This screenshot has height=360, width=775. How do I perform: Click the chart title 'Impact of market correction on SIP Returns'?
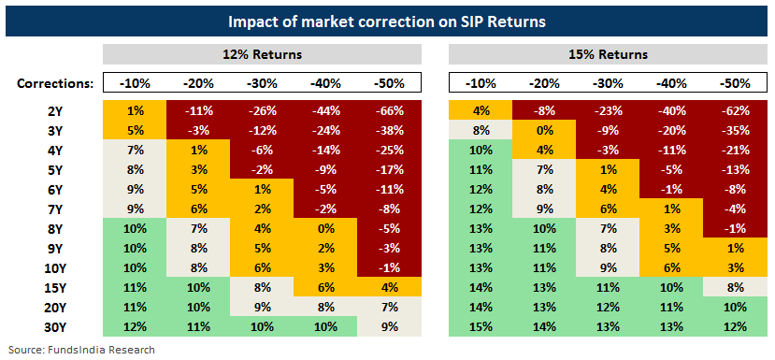[387, 22]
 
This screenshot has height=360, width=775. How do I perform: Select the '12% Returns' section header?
[262, 54]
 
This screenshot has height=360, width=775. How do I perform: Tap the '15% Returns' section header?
[608, 54]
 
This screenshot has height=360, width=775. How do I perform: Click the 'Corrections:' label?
[55, 83]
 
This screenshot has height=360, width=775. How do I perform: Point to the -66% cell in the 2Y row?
[390, 110]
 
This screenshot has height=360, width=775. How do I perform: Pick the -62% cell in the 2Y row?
[736, 110]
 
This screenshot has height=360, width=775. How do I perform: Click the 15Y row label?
[55, 286]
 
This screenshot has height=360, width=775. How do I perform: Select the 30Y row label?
[55, 327]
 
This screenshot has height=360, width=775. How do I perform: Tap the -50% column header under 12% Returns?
[390, 83]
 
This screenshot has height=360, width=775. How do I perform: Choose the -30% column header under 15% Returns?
[608, 83]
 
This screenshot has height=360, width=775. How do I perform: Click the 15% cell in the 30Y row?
[481, 327]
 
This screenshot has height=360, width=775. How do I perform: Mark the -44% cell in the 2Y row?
[325, 110]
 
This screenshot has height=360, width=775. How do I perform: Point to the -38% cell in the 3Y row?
[390, 132]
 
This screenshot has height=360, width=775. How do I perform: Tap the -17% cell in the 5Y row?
[390, 170]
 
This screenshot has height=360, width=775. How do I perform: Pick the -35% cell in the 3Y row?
[736, 132]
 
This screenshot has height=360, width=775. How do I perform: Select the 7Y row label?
[55, 209]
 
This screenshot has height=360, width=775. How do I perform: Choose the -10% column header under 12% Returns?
[135, 83]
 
